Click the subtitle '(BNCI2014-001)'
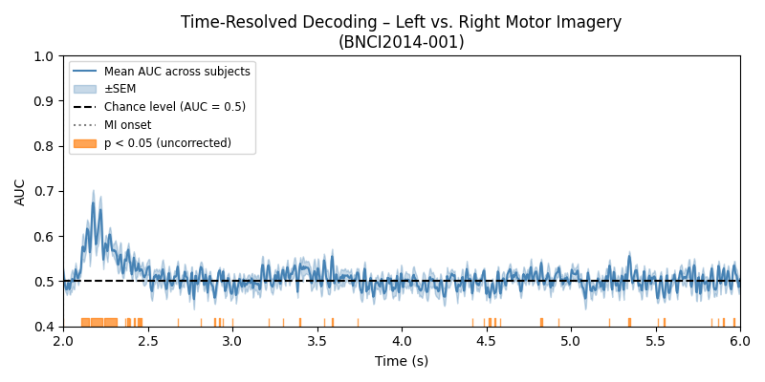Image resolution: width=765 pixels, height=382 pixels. click(x=401, y=42)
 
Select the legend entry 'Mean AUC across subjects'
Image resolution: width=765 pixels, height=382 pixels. click(x=177, y=72)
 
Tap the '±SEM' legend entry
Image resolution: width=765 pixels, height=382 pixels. click(x=120, y=89)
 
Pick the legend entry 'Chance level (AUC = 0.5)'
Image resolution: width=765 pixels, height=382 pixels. click(x=174, y=107)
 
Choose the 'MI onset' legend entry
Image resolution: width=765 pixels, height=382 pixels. click(x=127, y=125)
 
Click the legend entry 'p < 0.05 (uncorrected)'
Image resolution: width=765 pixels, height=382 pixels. click(x=167, y=143)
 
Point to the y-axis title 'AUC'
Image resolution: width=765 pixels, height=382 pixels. click(x=21, y=191)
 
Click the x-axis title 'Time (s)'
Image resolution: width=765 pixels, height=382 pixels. click(x=401, y=361)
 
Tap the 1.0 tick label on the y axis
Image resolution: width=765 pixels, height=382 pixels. click(x=45, y=55)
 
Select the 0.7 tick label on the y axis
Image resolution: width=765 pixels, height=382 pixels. click(x=45, y=191)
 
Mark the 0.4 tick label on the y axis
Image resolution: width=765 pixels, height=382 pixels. click(x=45, y=327)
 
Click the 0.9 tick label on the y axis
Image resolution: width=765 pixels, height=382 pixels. click(x=45, y=100)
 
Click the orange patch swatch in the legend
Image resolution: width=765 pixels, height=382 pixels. click(x=85, y=143)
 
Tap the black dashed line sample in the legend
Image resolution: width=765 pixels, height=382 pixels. click(x=85, y=107)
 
